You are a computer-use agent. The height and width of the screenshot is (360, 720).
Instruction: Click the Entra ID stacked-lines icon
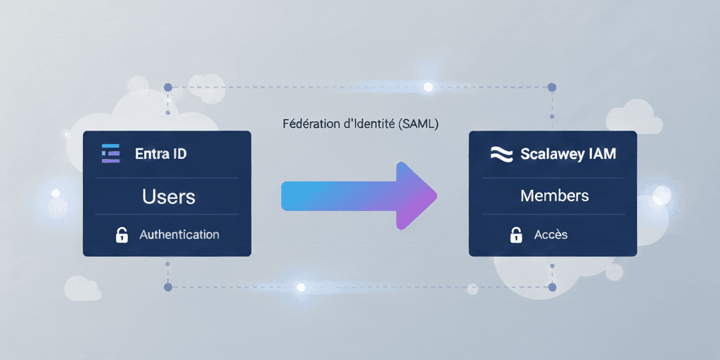[111, 153]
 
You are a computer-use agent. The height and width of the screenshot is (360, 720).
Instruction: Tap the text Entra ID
[161, 153]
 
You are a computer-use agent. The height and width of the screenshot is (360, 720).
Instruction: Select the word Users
[169, 196]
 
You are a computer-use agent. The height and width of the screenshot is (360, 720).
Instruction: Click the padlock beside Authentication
[122, 235]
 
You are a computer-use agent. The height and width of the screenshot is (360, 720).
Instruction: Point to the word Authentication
[179, 235]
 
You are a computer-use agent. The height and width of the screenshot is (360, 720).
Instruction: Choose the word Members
[555, 195]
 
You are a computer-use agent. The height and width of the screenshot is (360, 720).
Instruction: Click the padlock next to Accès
[516, 235]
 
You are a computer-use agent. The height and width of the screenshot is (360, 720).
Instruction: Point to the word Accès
[551, 235]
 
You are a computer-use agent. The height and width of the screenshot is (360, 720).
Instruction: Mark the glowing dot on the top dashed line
[427, 87]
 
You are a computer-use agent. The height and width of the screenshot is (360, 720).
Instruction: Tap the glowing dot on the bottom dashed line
[301, 287]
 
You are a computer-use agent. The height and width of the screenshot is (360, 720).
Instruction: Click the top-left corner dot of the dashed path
[167, 87]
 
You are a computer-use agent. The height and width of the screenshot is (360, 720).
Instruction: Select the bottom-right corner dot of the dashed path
[552, 287]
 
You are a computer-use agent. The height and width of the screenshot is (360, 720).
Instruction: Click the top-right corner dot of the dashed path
[552, 87]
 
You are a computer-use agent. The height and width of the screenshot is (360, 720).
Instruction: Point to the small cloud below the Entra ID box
[82, 288]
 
